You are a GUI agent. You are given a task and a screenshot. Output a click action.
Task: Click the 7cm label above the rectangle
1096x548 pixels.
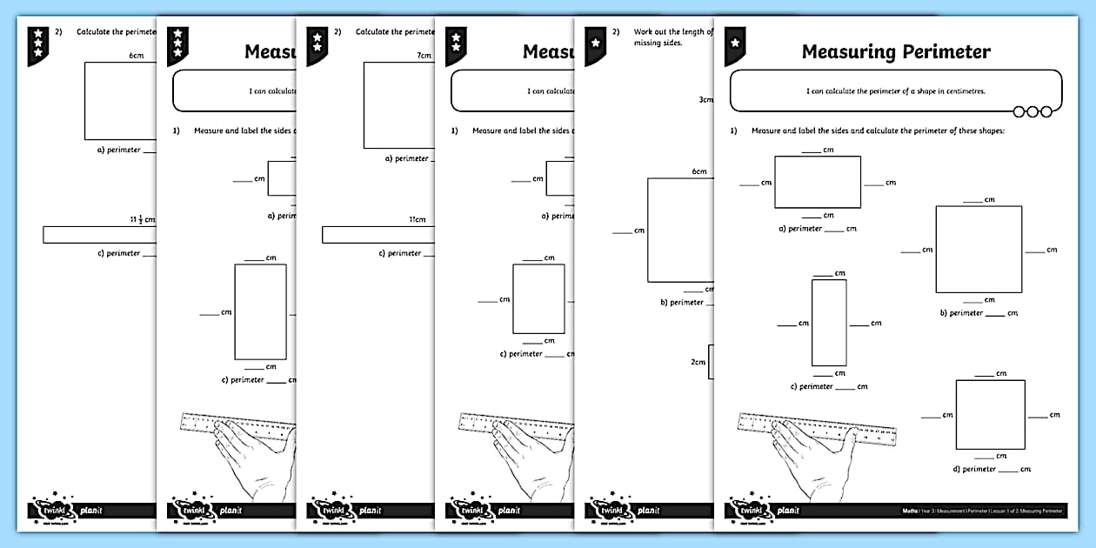tap(424, 56)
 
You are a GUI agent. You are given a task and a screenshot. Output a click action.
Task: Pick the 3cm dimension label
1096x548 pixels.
tap(705, 99)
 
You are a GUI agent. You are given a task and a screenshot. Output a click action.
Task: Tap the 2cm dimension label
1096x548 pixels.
tap(698, 362)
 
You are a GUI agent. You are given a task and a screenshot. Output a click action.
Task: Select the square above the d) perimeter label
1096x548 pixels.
tap(990, 413)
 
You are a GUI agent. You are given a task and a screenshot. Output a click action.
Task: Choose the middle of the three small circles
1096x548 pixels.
tap(1033, 111)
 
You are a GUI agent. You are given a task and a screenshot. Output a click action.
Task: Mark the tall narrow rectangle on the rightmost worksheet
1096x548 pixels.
tap(828, 323)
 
